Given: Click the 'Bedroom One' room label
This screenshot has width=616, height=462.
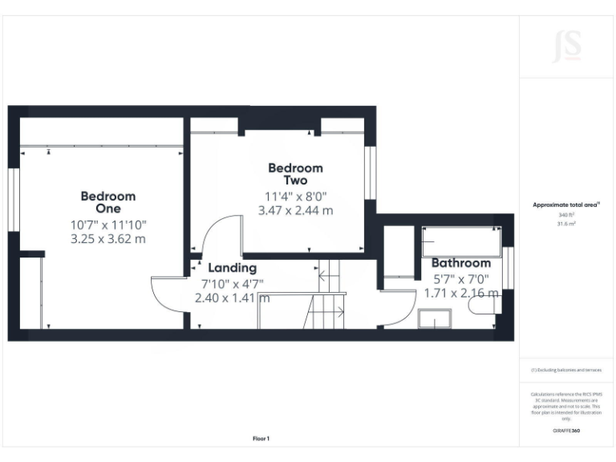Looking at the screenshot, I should point(108,202).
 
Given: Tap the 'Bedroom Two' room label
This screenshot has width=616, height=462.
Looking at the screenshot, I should point(295,174).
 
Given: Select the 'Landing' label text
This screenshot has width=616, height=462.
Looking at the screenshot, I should point(232,268).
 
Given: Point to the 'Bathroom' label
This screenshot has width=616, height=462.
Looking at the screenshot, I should point(461,263).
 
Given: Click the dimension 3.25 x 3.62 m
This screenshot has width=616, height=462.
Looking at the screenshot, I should point(108,239).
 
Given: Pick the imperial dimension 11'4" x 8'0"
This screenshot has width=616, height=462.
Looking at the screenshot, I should point(295,197).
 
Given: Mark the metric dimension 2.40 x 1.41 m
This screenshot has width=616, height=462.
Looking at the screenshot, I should point(232,298).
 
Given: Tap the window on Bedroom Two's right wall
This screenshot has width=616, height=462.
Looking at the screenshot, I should point(371,172).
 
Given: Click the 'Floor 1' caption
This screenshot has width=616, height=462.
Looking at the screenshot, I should point(261,439).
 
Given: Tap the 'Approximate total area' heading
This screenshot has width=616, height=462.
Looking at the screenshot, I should point(566,205).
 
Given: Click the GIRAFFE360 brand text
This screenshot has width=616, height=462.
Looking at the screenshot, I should point(566,431).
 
